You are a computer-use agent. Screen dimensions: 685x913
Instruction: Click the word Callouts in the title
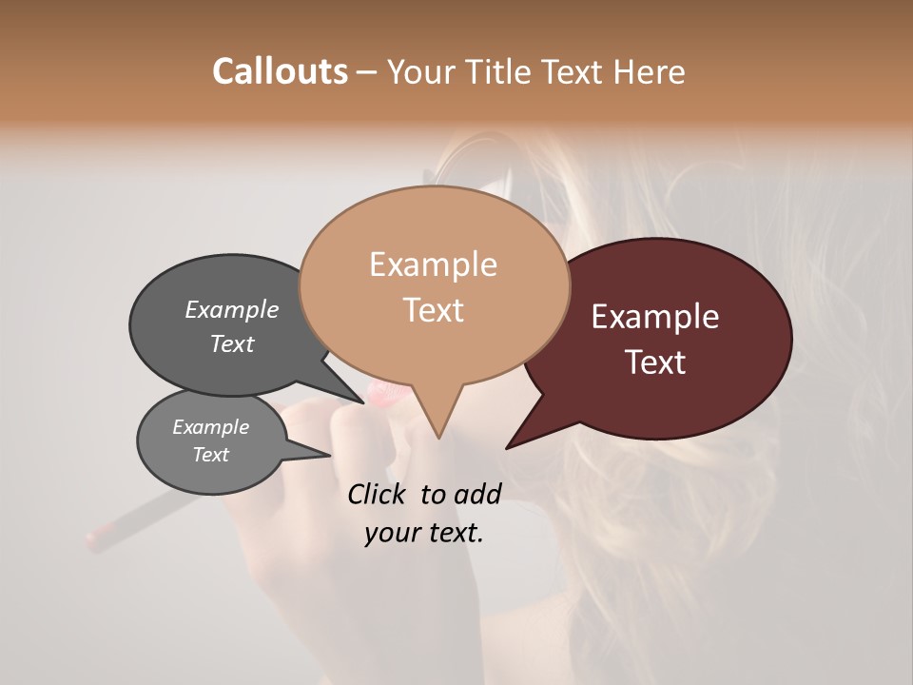pos(280,71)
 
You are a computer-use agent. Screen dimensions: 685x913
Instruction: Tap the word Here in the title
pos(650,71)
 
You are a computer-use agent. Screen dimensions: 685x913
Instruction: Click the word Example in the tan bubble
pos(433,264)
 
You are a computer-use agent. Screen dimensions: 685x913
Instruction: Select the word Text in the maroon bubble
pos(655,362)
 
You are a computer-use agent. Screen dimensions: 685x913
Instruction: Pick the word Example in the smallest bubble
pos(210,427)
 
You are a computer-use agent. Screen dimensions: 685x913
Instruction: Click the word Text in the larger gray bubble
pos(231,343)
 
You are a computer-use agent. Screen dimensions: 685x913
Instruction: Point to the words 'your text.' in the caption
pos(424,533)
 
